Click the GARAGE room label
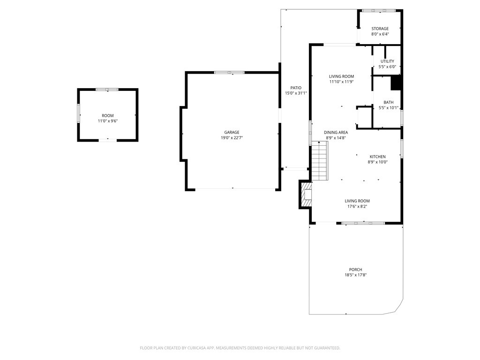pos(232,132)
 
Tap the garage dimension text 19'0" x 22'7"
pos(232,138)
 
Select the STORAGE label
pos(380,29)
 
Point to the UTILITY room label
pos(387,61)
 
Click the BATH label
pos(388,102)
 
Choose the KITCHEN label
pos(377,157)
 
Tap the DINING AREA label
pos(336,132)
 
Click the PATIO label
pos(295,88)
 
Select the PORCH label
pos(355,270)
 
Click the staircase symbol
pos(319,161)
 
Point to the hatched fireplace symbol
pos(306,195)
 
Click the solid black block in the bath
pos(396,83)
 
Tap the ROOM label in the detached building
pos(107,115)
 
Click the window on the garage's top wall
pos(229,72)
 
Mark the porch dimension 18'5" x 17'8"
pos(355,275)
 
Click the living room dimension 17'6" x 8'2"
pos(358,206)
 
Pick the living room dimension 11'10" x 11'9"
pos(341,82)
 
